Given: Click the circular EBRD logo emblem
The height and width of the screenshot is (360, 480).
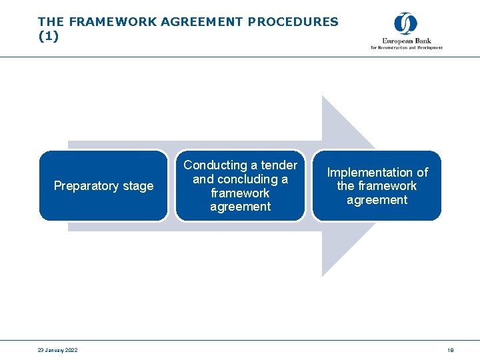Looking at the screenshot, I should [405, 24].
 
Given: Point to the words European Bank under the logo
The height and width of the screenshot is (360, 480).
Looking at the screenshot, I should [407, 41].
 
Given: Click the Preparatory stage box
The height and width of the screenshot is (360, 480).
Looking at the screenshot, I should [103, 185].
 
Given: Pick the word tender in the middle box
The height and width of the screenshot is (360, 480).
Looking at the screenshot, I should [279, 165].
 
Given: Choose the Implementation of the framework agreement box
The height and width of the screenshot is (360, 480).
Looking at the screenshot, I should [377, 185].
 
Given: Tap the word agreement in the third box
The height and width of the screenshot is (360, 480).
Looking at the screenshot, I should [377, 200].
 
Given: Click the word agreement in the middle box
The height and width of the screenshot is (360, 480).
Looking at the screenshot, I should [240, 207].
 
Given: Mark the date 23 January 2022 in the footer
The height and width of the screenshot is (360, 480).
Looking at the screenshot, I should [58, 350].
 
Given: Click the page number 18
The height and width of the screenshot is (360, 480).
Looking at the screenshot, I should [451, 350].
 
